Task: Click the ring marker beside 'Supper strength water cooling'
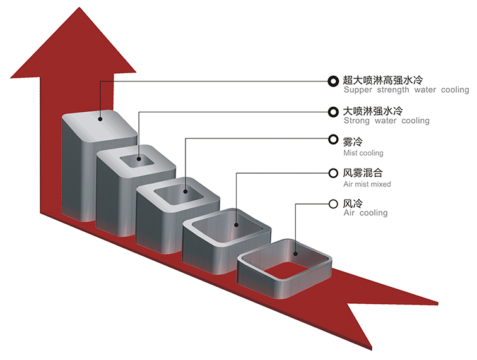tap(333, 81)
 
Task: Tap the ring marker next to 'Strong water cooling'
tap(333, 112)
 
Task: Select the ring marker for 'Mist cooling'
tap(333, 140)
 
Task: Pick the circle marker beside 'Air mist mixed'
tap(333, 173)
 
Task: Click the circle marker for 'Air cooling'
tap(333, 204)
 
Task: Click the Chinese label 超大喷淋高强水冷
tap(383, 80)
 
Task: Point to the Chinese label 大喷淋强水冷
tap(373, 111)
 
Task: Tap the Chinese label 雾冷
tap(353, 141)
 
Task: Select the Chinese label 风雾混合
tap(363, 172)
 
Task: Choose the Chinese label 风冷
tap(353, 203)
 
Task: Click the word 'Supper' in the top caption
tap(358, 90)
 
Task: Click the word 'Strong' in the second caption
tap(356, 121)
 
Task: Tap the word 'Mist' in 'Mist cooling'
tap(349, 153)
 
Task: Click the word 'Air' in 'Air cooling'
tap(350, 213)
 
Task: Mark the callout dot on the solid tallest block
tap(100, 119)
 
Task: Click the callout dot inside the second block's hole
tap(139, 159)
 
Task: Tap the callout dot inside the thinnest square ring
tap(295, 254)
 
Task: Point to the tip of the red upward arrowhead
tap(79, 7)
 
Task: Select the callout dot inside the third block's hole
tap(185, 191)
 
